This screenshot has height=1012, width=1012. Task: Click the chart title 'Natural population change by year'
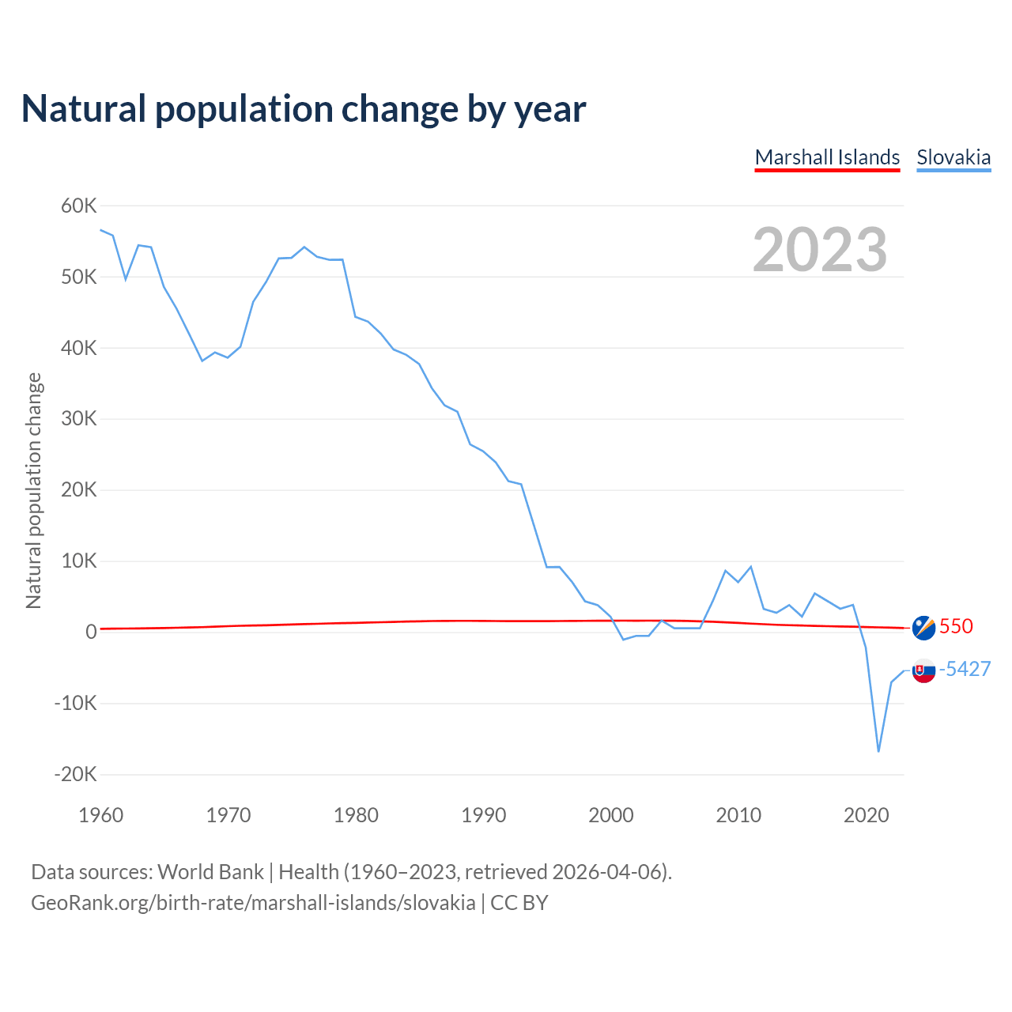click(304, 109)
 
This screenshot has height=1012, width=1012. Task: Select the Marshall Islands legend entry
click(827, 157)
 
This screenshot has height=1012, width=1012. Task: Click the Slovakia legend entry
click(953, 157)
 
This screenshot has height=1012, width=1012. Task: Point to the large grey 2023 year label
click(820, 250)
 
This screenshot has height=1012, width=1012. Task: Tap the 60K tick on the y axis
click(79, 206)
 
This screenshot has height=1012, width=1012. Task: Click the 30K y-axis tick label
click(79, 419)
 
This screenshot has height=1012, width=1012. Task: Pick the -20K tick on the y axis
click(76, 774)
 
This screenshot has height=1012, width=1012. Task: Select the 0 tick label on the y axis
click(92, 632)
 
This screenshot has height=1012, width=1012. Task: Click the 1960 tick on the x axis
click(101, 815)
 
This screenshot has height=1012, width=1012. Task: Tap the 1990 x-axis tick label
click(484, 815)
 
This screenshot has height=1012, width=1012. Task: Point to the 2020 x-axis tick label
click(867, 815)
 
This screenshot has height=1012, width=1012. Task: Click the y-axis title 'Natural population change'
click(34, 490)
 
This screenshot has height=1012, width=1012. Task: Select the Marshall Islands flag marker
click(923, 628)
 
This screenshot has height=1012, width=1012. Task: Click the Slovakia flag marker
click(923, 670)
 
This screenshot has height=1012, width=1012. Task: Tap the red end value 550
click(956, 626)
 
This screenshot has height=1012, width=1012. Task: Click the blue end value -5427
click(965, 669)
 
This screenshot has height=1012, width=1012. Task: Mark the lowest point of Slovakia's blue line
click(878, 751)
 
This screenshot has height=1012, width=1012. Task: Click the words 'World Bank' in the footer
click(210, 872)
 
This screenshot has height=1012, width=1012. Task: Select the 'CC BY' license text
click(519, 903)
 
